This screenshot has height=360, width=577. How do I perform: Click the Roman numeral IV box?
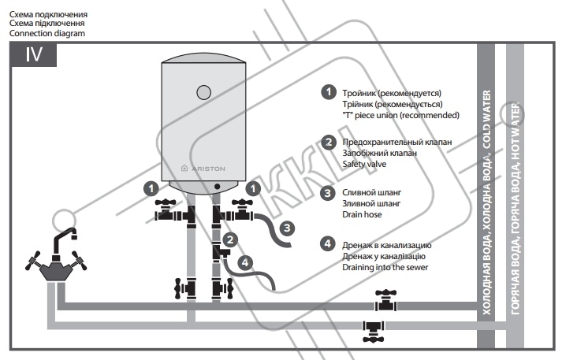[34, 55]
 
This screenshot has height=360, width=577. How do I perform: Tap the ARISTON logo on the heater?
[203, 169]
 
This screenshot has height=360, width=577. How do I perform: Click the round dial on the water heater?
[204, 93]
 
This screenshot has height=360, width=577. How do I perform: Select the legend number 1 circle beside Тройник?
[328, 92]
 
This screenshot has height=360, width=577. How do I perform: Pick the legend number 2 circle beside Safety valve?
[328, 143]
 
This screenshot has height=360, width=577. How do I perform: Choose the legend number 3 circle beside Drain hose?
[327, 193]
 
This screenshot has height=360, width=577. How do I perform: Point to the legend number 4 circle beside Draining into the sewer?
[327, 243]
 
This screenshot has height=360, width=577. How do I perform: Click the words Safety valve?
[364, 164]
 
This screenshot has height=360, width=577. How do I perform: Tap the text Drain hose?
[362, 214]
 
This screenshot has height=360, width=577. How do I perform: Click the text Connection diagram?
[47, 33]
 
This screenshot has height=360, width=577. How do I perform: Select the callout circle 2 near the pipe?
[230, 240]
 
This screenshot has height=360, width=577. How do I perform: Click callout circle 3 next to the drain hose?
[287, 228]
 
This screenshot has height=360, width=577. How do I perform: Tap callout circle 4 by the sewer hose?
[245, 262]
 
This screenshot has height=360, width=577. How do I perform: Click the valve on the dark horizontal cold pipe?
[385, 301]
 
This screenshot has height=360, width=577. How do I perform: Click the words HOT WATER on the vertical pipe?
[516, 132]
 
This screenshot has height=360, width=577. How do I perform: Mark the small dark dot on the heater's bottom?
[217, 187]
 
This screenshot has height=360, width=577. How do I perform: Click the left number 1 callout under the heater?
[151, 189]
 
